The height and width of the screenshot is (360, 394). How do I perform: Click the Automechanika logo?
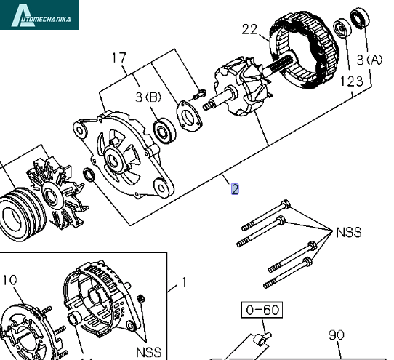(39, 15)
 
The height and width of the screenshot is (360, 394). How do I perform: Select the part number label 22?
(250, 29)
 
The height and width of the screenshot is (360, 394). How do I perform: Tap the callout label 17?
(118, 57)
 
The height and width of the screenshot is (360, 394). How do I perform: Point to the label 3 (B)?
(148, 97)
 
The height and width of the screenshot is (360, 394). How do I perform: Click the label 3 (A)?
(369, 60)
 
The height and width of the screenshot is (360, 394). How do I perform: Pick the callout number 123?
(352, 81)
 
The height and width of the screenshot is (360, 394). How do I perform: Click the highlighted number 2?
(235, 189)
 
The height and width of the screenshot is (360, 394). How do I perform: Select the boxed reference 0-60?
(262, 310)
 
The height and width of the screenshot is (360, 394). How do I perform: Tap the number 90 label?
(337, 335)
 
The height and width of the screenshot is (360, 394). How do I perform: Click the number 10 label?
(9, 280)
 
